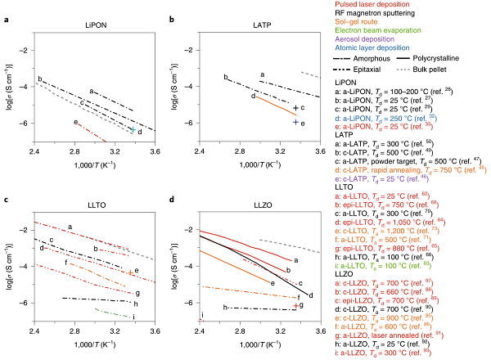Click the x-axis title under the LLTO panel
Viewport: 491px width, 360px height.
95,347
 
